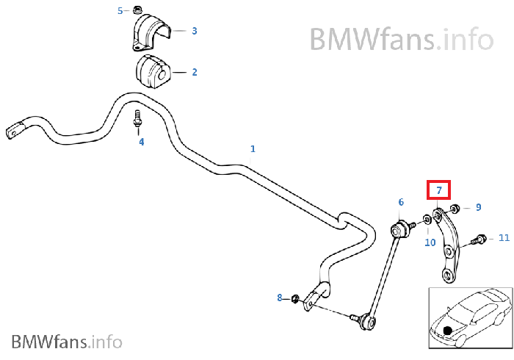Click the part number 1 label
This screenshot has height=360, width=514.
coord(253,149)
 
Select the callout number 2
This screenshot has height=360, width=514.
coord(195,72)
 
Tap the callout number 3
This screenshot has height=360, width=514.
coord(195,31)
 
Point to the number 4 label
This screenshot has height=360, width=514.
coord(142,142)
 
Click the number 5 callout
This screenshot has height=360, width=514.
coord(121,10)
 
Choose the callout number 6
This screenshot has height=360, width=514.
coord(401,202)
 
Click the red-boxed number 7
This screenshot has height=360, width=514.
coord(439,190)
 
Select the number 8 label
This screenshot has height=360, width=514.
coord(279,298)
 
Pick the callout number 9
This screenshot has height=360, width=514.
coord(478,208)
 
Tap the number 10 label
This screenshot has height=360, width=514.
coord(430,242)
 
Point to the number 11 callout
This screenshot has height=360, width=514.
coord(504,238)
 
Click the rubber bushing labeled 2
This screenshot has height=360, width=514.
coord(151,70)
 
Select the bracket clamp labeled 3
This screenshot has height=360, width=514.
coord(153,34)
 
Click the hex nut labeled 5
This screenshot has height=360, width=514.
coord(137,10)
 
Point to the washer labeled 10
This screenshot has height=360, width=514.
coord(427,220)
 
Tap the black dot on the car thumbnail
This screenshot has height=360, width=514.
coord(447,331)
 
